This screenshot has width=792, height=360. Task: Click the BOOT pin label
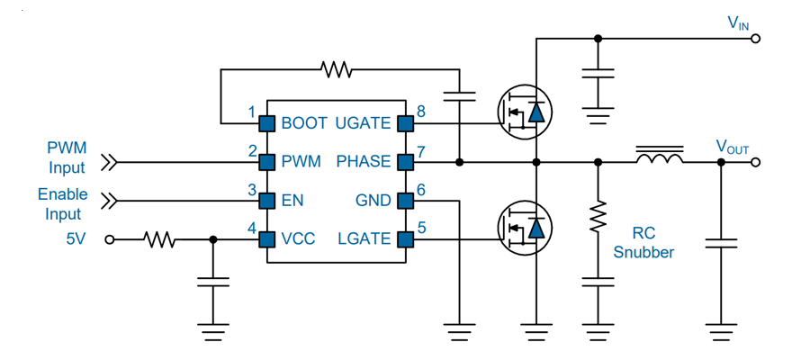click(304, 123)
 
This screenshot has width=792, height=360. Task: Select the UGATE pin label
click(363, 123)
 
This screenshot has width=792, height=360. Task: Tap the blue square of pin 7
click(406, 162)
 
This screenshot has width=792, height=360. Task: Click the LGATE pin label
click(364, 238)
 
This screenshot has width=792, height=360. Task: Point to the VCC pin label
click(298, 238)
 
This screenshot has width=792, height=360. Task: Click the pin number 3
click(252, 191)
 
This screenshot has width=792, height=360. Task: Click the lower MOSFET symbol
click(525, 229)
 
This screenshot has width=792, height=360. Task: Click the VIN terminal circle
click(756, 39)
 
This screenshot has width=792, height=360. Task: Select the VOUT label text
click(733, 147)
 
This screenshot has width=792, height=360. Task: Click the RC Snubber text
click(643, 242)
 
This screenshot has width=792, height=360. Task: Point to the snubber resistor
click(598, 217)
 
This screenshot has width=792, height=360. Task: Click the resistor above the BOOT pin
click(337, 69)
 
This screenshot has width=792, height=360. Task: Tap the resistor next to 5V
click(160, 239)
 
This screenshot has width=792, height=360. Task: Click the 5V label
click(76, 239)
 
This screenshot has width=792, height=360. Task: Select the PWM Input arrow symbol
click(109, 163)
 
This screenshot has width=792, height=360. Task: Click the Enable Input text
click(63, 204)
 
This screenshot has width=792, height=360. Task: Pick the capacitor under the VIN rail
click(598, 73)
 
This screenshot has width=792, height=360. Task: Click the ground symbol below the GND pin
click(460, 329)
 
